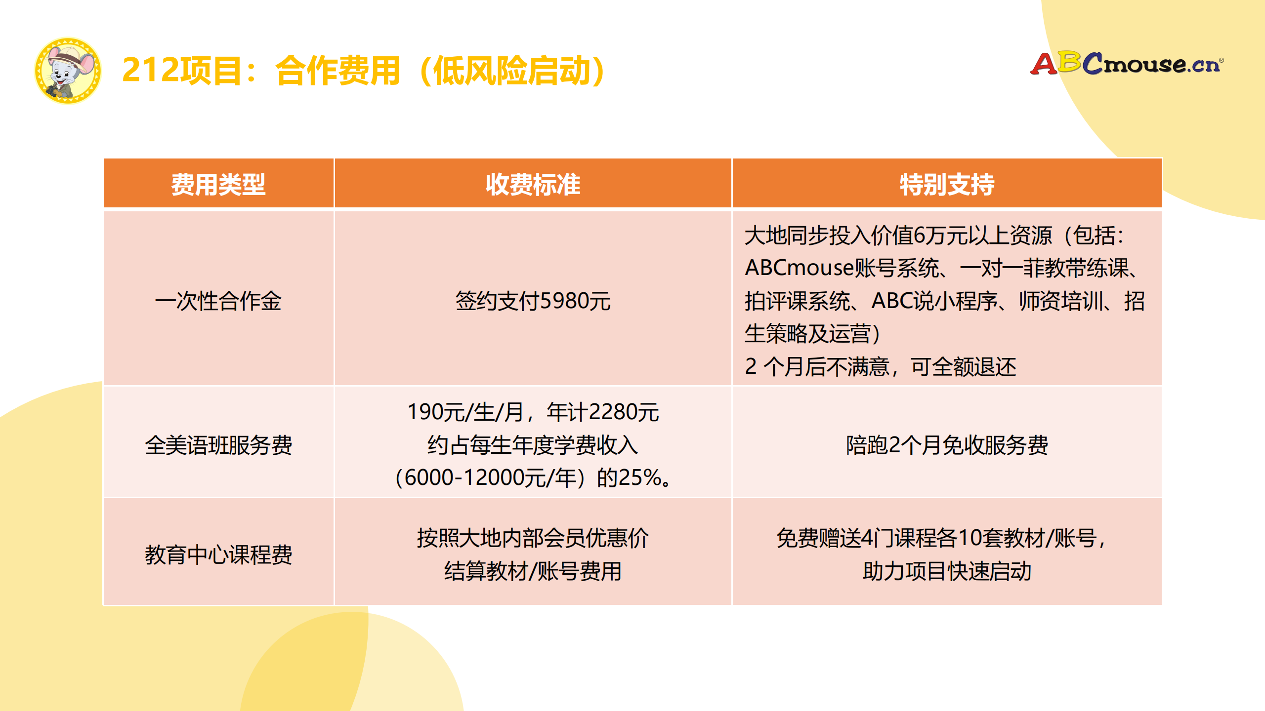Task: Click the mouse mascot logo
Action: [x=68, y=71]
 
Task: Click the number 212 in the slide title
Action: [x=150, y=70]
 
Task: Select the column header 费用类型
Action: [x=218, y=184]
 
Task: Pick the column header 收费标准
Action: [x=533, y=184]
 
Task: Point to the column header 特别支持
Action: [x=947, y=184]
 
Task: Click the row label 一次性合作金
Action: [x=218, y=301]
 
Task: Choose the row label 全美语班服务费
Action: [x=218, y=445]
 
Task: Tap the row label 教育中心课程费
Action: [x=218, y=554]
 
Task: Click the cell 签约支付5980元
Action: [x=533, y=301]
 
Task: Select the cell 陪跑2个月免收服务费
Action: [x=947, y=445]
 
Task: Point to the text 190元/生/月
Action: [x=464, y=412]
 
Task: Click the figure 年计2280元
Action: [x=603, y=412]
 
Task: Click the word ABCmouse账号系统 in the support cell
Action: [x=842, y=268]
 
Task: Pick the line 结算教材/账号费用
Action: [x=533, y=571]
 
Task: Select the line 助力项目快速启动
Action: [x=947, y=571]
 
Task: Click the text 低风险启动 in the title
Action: [x=511, y=71]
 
